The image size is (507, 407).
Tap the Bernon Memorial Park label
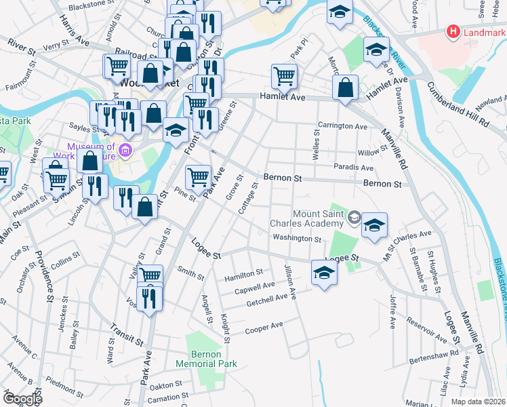(x=206, y=359)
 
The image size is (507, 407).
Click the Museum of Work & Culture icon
(x=125, y=150)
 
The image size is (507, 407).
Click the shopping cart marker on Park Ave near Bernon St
(x=197, y=176)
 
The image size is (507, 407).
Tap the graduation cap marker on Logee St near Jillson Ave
(x=325, y=273)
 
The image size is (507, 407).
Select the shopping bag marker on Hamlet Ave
(x=346, y=88)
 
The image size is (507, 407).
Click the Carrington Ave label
(x=344, y=126)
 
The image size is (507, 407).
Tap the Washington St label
(x=296, y=239)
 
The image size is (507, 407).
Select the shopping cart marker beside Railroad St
(x=117, y=66)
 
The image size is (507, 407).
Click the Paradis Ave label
(x=353, y=168)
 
